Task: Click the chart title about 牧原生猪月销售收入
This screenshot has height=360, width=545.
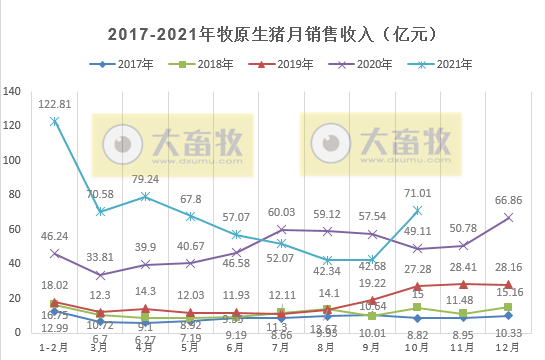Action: tap(272, 34)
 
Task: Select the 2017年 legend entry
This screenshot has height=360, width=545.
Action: tap(136, 64)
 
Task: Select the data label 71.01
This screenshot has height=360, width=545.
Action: tap(417, 193)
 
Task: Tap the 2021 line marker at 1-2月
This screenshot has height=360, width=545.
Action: tap(54, 121)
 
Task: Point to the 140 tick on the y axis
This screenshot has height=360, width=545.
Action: tap(13, 91)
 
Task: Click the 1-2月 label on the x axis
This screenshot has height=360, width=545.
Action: tap(54, 348)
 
